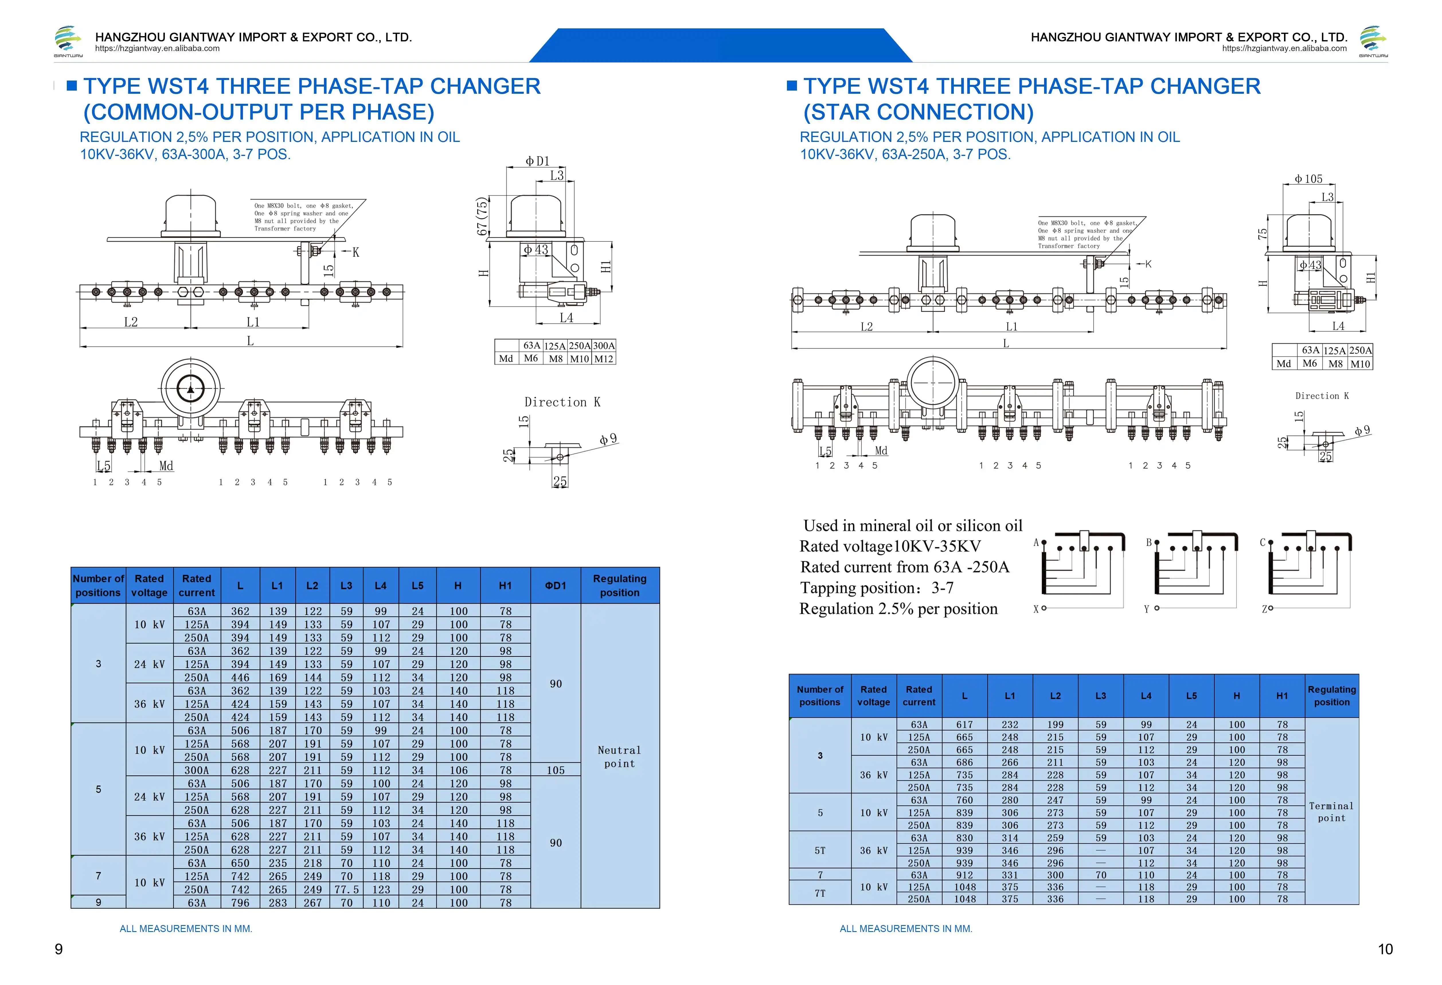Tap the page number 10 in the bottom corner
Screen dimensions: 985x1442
point(1385,949)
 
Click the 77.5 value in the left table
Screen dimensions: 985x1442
point(346,890)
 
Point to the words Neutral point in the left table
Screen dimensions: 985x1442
point(619,757)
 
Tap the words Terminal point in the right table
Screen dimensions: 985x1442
point(1332,812)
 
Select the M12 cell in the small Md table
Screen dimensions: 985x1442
point(604,359)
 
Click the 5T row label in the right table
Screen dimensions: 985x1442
point(820,850)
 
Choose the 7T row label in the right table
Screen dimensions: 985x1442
point(820,893)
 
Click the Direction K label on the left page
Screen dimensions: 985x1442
point(562,402)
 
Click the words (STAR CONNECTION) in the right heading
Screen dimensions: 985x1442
point(918,112)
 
